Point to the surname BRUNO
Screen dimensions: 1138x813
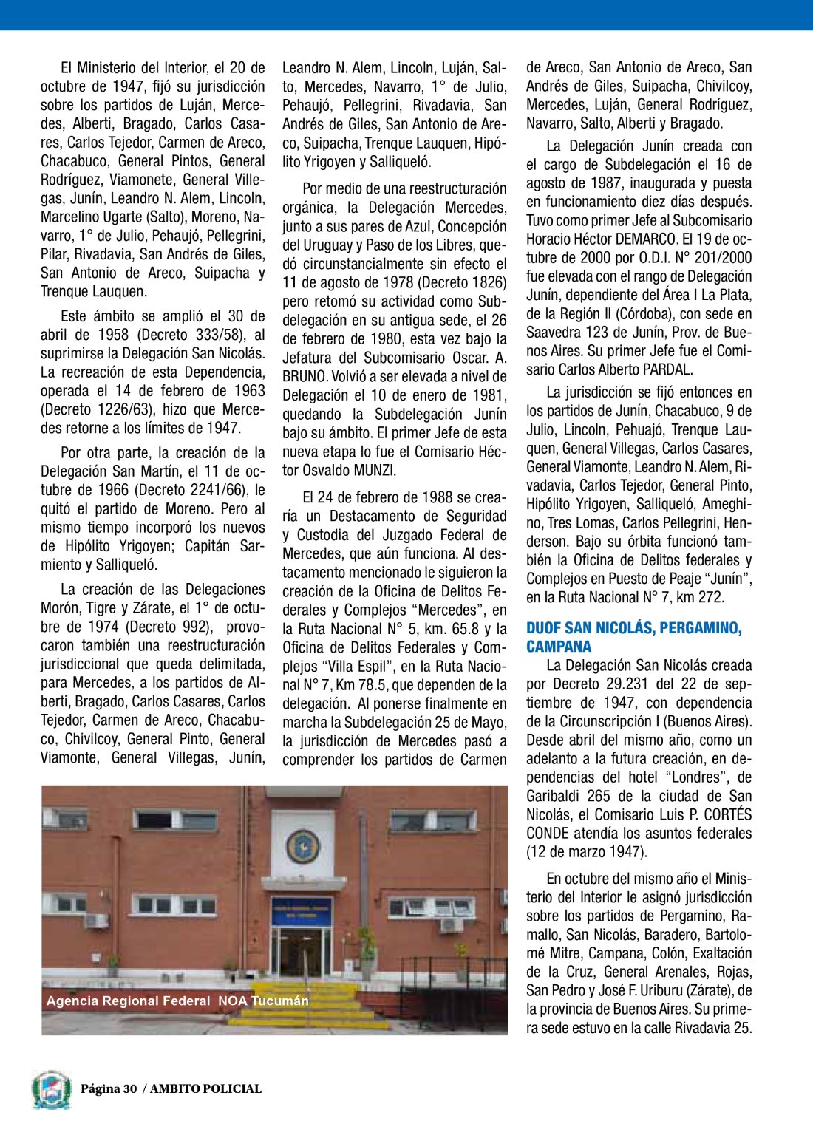click(305, 377)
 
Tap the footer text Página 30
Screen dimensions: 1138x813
click(109, 1088)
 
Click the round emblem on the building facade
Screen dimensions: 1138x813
click(302, 845)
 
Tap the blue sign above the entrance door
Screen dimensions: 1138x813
click(302, 910)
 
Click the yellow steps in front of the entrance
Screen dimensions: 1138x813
click(310, 1005)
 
